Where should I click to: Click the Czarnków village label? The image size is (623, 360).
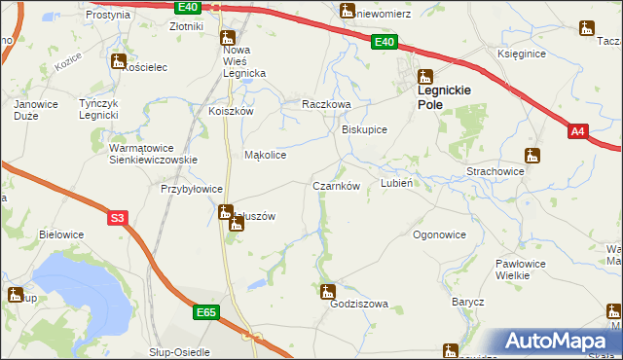pos(337,186)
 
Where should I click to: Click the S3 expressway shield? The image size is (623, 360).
pos(117,219)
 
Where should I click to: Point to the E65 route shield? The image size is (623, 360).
pos(204,312)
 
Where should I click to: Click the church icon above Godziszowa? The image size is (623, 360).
pos(328,290)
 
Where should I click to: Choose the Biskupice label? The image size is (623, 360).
pos(365,129)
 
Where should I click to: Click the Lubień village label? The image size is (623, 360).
pos(398,183)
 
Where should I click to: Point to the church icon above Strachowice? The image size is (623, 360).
pos(531,155)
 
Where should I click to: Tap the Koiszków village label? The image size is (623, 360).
pos(231,111)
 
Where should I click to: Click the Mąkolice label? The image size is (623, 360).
pos(265,155)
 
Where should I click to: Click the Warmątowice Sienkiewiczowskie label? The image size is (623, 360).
pos(154,154)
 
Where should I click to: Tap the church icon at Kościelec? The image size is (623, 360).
pos(119,61)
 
